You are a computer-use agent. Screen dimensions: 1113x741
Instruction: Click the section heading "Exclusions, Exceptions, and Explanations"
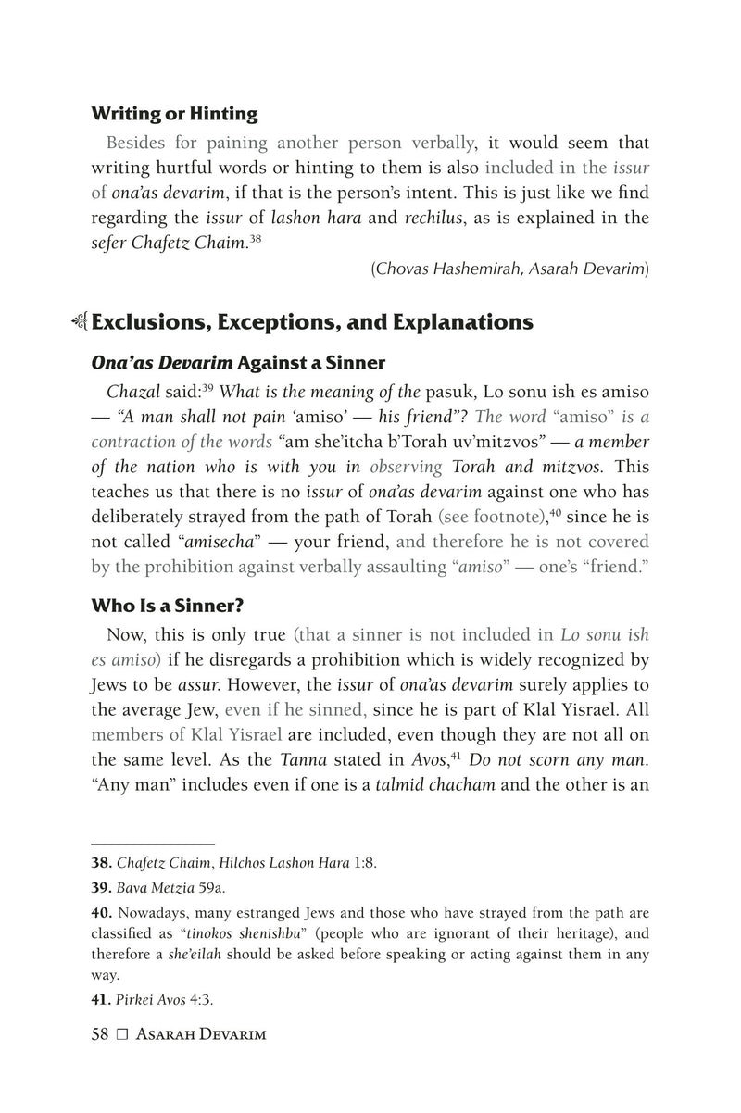313,323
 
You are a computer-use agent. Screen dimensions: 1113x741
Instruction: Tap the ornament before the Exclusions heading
82,323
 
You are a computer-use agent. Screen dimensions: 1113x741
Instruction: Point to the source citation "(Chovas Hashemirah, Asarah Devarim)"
510,269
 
